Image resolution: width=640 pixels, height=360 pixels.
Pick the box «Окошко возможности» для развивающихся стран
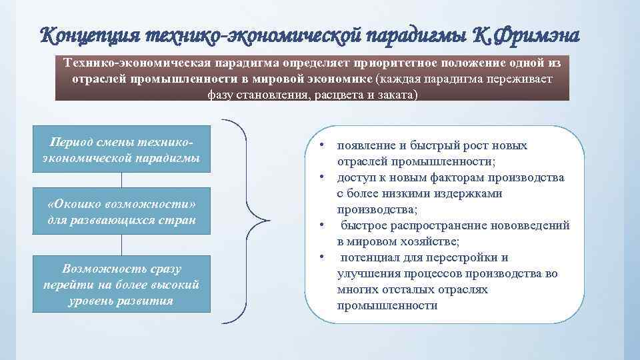121,211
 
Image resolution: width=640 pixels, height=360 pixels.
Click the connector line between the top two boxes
121,182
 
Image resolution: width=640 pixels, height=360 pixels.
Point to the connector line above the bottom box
121,245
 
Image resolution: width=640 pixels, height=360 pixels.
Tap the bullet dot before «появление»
321,145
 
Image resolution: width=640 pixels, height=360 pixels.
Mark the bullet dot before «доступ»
321,177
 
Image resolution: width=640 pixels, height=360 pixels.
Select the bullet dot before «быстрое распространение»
321,225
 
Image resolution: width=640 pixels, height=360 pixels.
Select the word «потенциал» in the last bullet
371,257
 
